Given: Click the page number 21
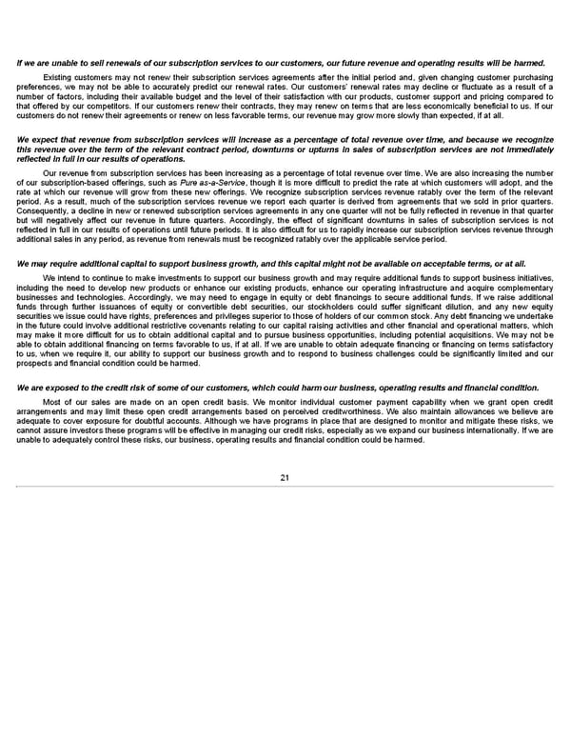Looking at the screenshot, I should (x=285, y=477).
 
